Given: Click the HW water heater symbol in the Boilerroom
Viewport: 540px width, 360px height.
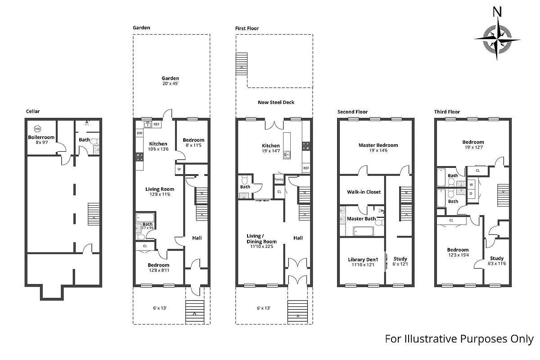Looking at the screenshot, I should [x=37, y=128].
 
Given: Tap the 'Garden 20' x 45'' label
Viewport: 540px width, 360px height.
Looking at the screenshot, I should [x=171, y=81].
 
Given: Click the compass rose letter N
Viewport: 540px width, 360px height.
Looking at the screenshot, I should [x=497, y=12].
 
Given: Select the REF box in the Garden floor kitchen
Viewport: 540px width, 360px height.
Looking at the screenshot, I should [x=157, y=125].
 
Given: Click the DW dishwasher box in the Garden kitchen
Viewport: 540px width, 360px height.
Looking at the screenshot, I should [x=139, y=133].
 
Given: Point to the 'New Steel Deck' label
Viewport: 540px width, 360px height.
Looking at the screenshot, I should [x=276, y=102].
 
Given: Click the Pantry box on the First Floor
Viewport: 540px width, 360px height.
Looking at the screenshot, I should [x=279, y=180].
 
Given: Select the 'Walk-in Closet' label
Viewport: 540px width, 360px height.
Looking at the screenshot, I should [x=364, y=192].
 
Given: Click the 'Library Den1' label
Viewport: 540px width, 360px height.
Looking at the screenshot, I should [x=363, y=261].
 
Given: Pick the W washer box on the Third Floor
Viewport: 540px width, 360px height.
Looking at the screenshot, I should [x=472, y=184].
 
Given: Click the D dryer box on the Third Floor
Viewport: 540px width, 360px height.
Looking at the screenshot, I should [x=472, y=193].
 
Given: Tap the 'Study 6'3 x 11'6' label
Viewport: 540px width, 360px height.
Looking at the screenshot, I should [x=497, y=261].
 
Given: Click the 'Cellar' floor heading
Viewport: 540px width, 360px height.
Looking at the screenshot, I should [x=33, y=111].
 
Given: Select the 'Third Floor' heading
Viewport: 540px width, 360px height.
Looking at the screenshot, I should [x=447, y=112].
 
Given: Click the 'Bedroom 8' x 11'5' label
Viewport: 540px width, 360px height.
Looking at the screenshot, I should [x=193, y=143].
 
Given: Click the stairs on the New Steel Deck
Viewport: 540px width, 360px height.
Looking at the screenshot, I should [x=242, y=63].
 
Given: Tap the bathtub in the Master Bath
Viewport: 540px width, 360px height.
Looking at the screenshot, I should [x=363, y=231].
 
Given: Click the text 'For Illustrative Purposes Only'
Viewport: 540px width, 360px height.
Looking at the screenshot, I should [x=459, y=339].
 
